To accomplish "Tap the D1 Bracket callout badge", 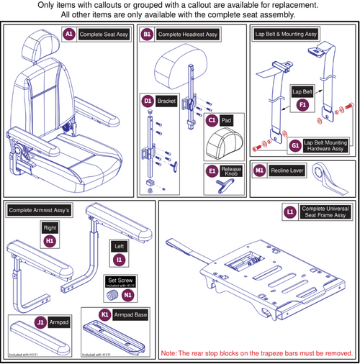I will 148,101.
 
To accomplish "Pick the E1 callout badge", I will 212,170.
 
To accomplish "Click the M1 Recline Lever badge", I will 260,171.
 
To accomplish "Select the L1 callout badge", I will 290,214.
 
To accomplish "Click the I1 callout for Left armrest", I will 120,258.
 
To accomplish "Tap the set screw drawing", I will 112,296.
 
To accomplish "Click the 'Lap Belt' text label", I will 302,91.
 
